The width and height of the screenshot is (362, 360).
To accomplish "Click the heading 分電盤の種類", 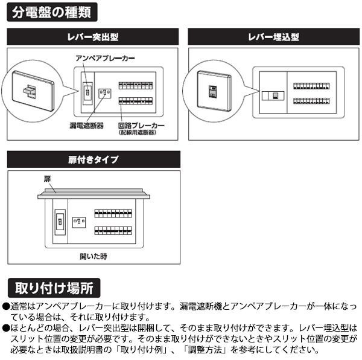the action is [x=52, y=12].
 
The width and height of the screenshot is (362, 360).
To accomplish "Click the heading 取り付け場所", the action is [x=54, y=288].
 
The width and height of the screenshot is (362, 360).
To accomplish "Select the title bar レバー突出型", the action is [x=92, y=37].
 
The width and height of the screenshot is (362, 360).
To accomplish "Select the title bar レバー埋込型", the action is [x=273, y=37].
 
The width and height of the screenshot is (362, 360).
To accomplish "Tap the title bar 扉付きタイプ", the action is [x=94, y=159].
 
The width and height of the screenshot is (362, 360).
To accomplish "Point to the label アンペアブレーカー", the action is [x=105, y=58].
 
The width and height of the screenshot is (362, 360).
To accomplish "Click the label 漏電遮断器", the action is [x=86, y=126].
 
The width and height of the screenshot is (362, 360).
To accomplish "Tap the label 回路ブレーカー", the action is [x=141, y=126].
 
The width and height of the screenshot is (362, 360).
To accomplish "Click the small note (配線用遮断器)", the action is [x=138, y=133].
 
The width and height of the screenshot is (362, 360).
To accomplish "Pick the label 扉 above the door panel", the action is [x=47, y=179].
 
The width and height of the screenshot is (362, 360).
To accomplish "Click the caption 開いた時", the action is [x=94, y=256].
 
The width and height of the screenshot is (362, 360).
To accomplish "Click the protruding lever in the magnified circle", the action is [x=29, y=91].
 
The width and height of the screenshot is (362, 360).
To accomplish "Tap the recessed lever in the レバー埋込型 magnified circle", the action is [x=212, y=92].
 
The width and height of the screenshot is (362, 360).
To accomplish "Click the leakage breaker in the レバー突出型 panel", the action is [x=105, y=94].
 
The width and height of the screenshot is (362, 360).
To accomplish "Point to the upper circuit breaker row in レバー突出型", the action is [x=136, y=86].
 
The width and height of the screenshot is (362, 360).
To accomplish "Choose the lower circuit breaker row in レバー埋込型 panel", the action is [x=311, y=101].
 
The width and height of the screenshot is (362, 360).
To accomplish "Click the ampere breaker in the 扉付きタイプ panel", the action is [x=60, y=222].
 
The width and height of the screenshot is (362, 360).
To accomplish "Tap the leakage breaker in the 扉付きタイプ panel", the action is [x=79, y=222].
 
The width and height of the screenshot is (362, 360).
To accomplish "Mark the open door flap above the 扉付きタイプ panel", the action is [x=94, y=194].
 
